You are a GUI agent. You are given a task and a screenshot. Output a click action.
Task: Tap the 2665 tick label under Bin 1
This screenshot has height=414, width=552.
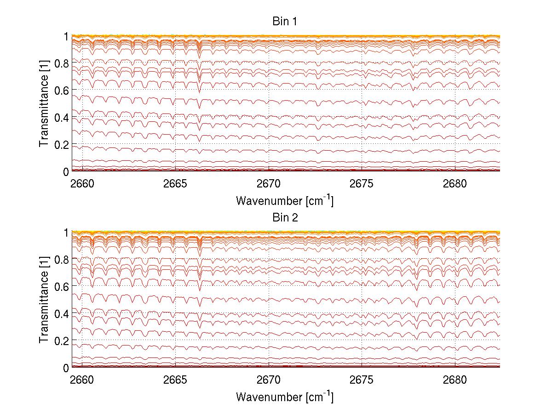(175, 184)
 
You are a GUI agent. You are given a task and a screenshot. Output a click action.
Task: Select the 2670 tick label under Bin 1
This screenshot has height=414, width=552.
(269, 184)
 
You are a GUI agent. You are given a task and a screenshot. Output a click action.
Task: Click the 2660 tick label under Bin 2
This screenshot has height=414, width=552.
(82, 380)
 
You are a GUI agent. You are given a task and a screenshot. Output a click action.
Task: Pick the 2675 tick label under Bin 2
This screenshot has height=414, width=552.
(362, 380)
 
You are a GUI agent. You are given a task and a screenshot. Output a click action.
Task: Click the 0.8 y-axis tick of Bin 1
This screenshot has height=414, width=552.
(61, 63)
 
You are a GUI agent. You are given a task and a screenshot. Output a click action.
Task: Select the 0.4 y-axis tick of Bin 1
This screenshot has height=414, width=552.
(61, 118)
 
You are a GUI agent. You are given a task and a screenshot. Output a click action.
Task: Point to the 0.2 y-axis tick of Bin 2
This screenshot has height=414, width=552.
(61, 340)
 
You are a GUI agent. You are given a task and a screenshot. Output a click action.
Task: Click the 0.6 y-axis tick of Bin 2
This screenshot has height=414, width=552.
(61, 286)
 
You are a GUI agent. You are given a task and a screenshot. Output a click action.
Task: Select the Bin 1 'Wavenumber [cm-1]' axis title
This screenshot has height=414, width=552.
(285, 200)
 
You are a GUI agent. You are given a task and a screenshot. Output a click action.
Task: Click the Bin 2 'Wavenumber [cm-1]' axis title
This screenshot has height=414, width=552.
(285, 396)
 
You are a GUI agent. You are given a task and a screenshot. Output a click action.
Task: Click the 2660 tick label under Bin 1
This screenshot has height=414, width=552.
(82, 184)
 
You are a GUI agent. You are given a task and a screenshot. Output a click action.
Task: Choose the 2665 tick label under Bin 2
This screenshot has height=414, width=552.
(175, 380)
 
